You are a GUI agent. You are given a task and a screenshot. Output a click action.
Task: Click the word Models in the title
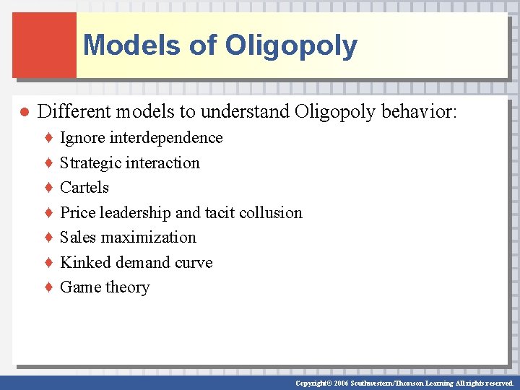click(132, 45)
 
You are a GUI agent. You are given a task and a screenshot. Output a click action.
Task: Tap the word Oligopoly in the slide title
click(291, 45)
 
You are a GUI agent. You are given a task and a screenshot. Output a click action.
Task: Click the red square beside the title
click(44, 45)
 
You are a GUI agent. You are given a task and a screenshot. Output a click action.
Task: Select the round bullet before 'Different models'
click(23, 113)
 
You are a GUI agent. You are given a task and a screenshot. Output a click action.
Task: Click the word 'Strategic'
click(91, 162)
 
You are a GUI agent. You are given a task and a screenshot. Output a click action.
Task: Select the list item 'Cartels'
click(84, 187)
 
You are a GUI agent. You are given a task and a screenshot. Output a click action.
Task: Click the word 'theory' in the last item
click(127, 287)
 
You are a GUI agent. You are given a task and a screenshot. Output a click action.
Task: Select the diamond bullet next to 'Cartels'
click(48, 188)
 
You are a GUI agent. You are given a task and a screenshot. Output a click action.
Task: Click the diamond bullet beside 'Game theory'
click(48, 287)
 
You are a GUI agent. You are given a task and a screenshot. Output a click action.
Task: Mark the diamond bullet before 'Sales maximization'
click(48, 238)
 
